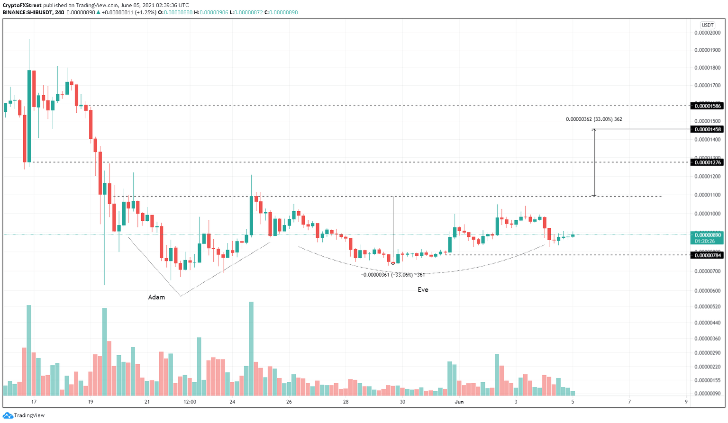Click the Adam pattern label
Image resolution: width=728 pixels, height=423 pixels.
point(156,297)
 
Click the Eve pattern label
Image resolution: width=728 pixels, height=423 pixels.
point(423,290)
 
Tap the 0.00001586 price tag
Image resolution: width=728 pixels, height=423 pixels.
point(708,106)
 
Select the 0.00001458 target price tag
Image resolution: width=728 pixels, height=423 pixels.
point(708,129)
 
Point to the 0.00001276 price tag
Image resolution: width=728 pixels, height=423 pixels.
point(708,162)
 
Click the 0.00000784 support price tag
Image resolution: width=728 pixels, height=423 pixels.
point(708,255)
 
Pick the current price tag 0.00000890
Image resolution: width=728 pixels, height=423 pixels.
point(708,235)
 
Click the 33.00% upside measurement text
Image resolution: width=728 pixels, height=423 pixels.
point(594,119)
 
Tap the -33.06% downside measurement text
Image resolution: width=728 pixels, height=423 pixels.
point(393,275)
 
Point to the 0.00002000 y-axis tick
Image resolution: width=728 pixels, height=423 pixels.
point(707,33)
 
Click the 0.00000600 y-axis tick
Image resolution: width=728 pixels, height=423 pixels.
point(707,291)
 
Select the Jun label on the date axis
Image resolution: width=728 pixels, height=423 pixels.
point(459,402)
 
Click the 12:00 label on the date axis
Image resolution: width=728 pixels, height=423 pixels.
point(190,402)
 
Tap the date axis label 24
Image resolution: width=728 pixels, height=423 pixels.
point(232,402)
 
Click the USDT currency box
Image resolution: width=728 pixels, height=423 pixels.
point(708,25)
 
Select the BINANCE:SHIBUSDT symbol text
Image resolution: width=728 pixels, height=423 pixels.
point(27,12)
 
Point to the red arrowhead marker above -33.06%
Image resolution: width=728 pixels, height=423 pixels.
point(393,263)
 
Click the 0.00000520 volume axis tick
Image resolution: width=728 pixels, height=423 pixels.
point(707,307)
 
